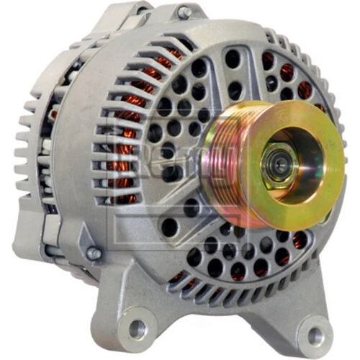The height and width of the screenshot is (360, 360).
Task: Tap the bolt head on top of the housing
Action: pos(185,12)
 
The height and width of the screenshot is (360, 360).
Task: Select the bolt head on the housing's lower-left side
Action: pos(94,253)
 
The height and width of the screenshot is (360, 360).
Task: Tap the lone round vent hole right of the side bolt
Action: pos(170,228)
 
